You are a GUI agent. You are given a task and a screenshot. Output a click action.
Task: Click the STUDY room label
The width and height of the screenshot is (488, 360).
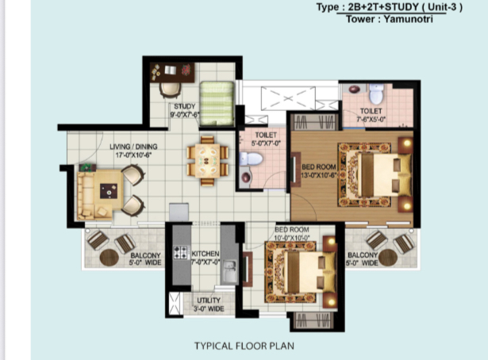click(185, 106)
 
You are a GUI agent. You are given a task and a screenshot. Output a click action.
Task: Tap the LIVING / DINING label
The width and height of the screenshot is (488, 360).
click(133, 147)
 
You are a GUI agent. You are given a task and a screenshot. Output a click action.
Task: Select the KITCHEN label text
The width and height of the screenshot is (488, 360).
click(206, 254)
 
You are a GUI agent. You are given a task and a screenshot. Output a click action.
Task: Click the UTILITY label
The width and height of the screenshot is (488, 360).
click(209, 301)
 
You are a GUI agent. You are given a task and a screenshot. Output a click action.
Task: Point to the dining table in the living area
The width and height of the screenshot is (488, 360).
click(208, 161)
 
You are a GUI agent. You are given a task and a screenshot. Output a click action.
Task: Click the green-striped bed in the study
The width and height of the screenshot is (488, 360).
click(217, 104)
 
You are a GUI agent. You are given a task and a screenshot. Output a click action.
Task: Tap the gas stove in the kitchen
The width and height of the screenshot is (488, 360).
click(181, 252)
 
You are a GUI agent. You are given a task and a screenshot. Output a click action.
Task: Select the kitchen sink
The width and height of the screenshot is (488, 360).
click(229, 270)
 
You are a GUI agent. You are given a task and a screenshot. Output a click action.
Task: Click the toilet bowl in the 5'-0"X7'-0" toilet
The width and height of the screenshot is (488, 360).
click(251, 159)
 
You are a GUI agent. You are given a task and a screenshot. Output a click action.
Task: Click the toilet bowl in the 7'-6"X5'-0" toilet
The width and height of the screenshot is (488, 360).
click(376, 94)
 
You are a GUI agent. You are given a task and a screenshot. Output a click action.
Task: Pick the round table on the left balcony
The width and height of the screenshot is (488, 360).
click(109, 258)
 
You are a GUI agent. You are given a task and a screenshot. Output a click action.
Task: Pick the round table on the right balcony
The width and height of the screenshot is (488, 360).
click(388, 258)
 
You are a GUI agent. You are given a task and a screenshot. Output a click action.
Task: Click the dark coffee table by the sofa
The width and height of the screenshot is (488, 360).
click(109, 191)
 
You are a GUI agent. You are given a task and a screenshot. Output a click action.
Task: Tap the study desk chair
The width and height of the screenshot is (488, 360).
click(170, 90)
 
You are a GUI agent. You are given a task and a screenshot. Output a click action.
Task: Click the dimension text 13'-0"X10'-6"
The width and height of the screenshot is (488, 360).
click(319, 175)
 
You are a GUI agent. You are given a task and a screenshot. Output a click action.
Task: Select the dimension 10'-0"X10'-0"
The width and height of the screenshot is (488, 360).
click(292, 238)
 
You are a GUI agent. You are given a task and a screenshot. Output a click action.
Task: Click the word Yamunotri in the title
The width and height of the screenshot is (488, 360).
click(408, 19)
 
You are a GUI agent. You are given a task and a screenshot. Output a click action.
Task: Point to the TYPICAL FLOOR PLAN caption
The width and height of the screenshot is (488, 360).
click(244, 346)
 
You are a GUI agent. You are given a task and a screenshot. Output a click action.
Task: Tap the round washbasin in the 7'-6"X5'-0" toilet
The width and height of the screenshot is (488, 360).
click(355, 90)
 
